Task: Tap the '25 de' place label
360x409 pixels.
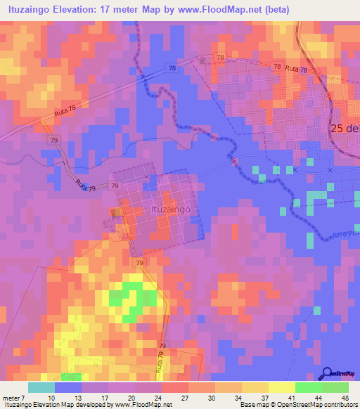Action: pos(345,129)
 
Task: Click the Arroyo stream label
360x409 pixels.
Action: pos(345,234)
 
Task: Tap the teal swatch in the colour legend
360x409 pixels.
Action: pos(41,387)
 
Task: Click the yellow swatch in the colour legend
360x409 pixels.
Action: pos(281,387)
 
